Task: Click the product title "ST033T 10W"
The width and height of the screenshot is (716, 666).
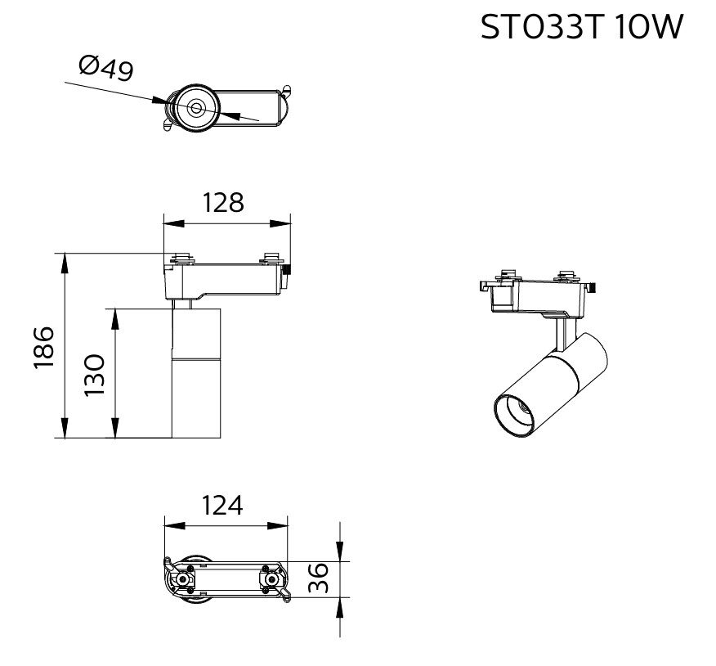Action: coord(582,27)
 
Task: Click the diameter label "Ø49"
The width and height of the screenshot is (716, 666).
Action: coord(106,68)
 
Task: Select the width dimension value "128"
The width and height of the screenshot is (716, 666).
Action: coord(223,202)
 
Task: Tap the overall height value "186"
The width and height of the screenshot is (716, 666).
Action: coord(44,346)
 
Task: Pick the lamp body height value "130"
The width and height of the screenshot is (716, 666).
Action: coord(95,375)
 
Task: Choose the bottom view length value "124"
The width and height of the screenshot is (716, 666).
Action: coord(222,505)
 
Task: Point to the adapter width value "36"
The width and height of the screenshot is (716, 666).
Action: coord(318,578)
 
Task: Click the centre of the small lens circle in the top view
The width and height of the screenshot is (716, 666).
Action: coord(196,108)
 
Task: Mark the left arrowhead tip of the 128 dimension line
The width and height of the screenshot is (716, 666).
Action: coord(164,223)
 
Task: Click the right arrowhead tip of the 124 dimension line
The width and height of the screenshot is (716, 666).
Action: coord(289,526)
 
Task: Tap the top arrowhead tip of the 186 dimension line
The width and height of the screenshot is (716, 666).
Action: coord(65,254)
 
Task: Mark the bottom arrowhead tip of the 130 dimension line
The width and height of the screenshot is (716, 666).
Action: coord(115,438)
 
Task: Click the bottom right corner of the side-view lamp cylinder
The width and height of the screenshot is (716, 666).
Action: coord(221,438)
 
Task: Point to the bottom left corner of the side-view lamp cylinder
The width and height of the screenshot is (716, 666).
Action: coord(172,438)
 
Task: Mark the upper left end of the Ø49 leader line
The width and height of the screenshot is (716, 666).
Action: coord(65,83)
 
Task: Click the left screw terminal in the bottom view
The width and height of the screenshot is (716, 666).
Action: coord(183,579)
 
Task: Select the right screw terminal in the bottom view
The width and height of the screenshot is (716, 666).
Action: coord(271,579)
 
